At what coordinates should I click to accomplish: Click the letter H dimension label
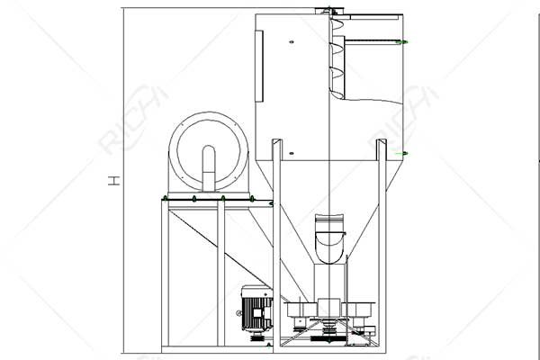114,180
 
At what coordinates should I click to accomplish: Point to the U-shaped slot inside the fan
209,166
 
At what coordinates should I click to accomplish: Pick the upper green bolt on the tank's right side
404,41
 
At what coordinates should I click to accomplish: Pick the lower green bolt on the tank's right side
404,154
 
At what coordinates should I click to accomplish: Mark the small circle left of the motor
238,314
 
